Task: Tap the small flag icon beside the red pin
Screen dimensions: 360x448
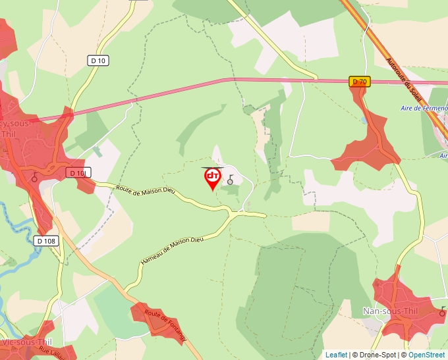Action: click(x=231, y=179)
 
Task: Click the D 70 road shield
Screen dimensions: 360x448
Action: click(x=359, y=82)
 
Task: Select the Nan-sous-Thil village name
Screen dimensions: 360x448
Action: click(x=387, y=311)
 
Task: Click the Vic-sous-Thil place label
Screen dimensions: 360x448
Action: click(x=26, y=342)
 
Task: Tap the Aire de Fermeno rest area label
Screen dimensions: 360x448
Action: click(x=424, y=108)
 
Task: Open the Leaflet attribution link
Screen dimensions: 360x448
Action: click(x=336, y=354)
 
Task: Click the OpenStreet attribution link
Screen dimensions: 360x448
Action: click(x=428, y=354)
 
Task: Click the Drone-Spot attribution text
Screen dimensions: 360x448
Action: click(x=374, y=354)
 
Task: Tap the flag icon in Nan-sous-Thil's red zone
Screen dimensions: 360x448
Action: click(x=443, y=309)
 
